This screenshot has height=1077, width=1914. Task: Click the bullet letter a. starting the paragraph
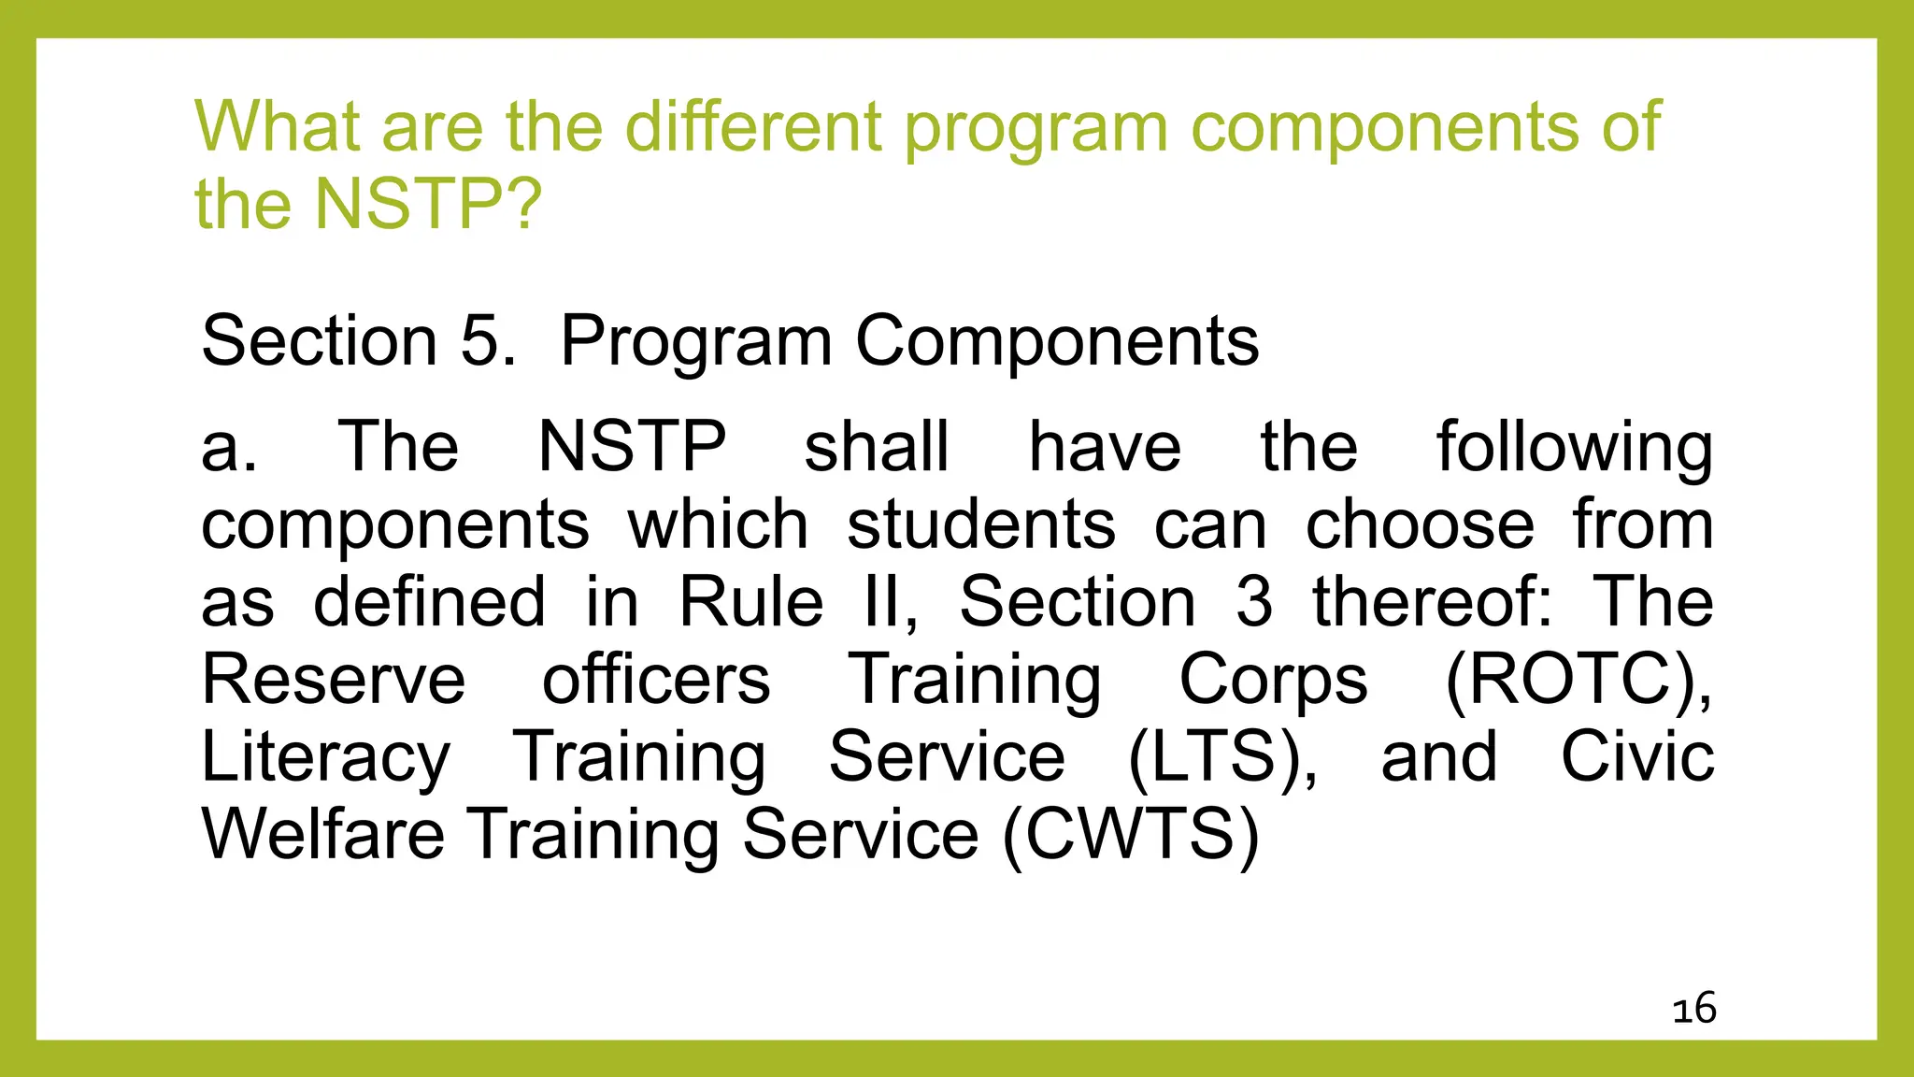[x=228, y=447]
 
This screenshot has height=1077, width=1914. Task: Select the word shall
[x=876, y=447]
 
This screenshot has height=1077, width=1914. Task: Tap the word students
[x=980, y=524]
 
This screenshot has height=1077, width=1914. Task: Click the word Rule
[x=750, y=602]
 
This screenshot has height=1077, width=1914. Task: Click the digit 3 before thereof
[x=1253, y=602]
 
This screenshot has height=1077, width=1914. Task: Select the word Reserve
[x=333, y=680]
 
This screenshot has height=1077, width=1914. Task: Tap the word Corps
[x=1273, y=682]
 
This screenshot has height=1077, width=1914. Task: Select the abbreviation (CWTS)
[x=1130, y=834]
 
